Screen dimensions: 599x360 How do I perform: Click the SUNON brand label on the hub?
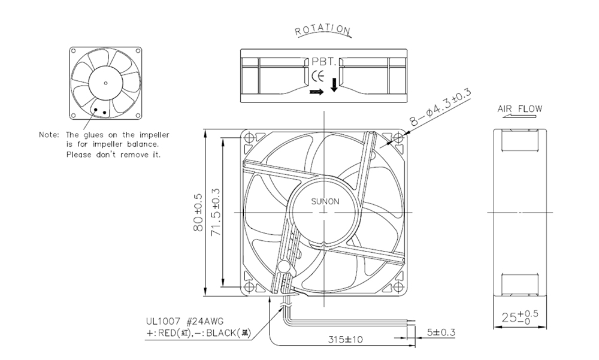click(325, 201)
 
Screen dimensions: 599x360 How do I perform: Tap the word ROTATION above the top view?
click(322, 29)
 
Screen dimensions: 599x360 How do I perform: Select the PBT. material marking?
click(324, 61)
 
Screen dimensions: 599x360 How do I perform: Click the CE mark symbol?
click(318, 77)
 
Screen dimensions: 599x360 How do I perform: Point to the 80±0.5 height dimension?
click(198, 213)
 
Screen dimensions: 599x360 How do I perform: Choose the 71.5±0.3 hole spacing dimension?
click(216, 212)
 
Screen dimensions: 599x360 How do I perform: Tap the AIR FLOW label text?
click(519, 108)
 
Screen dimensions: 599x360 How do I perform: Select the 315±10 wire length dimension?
click(346, 339)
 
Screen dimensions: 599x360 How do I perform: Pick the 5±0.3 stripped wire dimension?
click(441, 332)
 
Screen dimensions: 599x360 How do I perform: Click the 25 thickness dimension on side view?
click(520, 317)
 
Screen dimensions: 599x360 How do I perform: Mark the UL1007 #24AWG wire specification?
click(184, 322)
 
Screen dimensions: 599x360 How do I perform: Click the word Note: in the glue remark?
click(49, 135)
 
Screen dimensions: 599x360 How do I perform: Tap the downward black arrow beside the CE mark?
click(334, 85)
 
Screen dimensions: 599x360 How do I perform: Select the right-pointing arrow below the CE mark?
click(316, 92)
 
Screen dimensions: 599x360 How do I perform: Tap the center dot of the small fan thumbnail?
click(105, 83)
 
